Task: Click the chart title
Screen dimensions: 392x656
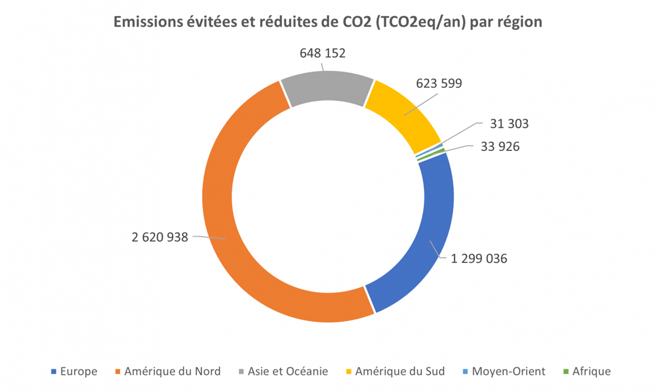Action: click(328, 22)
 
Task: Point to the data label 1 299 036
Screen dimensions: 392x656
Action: click(479, 259)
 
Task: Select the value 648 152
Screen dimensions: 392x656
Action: click(322, 53)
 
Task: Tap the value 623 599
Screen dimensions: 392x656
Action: click(439, 84)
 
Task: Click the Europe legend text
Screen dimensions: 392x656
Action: click(79, 371)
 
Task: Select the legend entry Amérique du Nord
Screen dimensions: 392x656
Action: click(172, 371)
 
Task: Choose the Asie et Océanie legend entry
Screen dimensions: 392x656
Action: click(288, 371)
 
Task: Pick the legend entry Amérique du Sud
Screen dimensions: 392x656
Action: click(400, 371)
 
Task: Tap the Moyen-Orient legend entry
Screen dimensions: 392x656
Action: click(508, 371)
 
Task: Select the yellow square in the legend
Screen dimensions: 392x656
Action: click(348, 372)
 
